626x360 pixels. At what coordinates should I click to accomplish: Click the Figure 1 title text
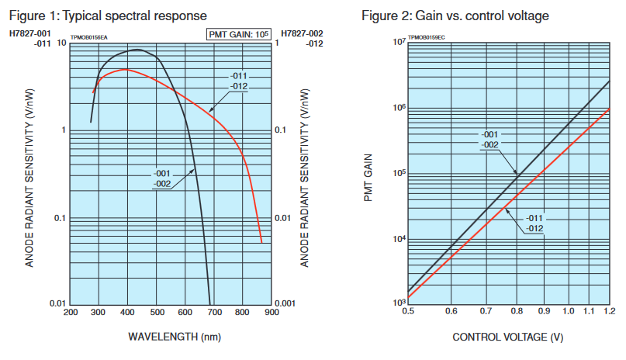[x=108, y=16]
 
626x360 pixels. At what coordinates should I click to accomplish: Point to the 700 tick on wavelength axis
[x=214, y=312]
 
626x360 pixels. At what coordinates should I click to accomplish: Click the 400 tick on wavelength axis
[x=127, y=312]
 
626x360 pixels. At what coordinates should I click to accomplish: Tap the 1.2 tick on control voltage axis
[x=609, y=311]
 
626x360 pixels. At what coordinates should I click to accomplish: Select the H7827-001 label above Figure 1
[x=30, y=34]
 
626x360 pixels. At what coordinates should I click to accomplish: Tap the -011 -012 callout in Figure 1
[x=239, y=81]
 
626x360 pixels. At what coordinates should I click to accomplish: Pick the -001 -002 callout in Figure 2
[x=490, y=140]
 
